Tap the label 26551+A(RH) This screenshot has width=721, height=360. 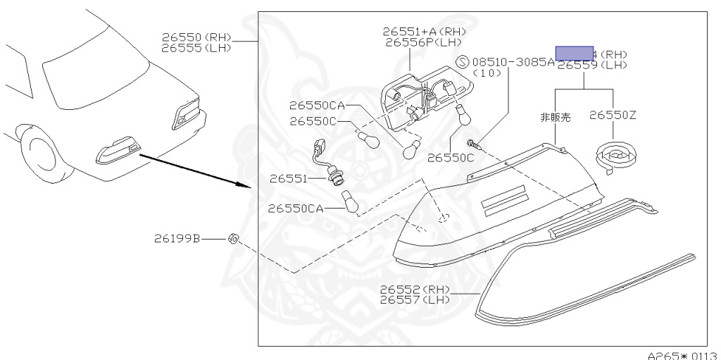coord(425,31)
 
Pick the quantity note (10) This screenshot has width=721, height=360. coord(487,73)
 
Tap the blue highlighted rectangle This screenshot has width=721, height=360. coord(575,53)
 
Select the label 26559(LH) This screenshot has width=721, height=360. coord(591,65)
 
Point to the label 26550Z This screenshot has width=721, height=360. coord(613,115)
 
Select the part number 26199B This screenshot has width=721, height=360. coord(177,239)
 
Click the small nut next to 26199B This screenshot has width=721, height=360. coord(233,239)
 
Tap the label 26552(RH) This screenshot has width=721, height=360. coord(414,290)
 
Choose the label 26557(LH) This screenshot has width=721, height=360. coord(414,300)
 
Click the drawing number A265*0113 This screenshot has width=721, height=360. coord(682,354)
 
